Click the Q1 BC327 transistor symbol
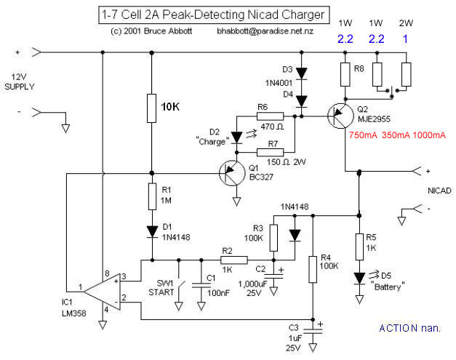(x=231, y=172)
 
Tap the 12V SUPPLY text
(x=23, y=81)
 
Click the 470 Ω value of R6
(x=267, y=124)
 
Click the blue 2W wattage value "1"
(x=406, y=36)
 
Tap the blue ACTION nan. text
(x=409, y=329)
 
